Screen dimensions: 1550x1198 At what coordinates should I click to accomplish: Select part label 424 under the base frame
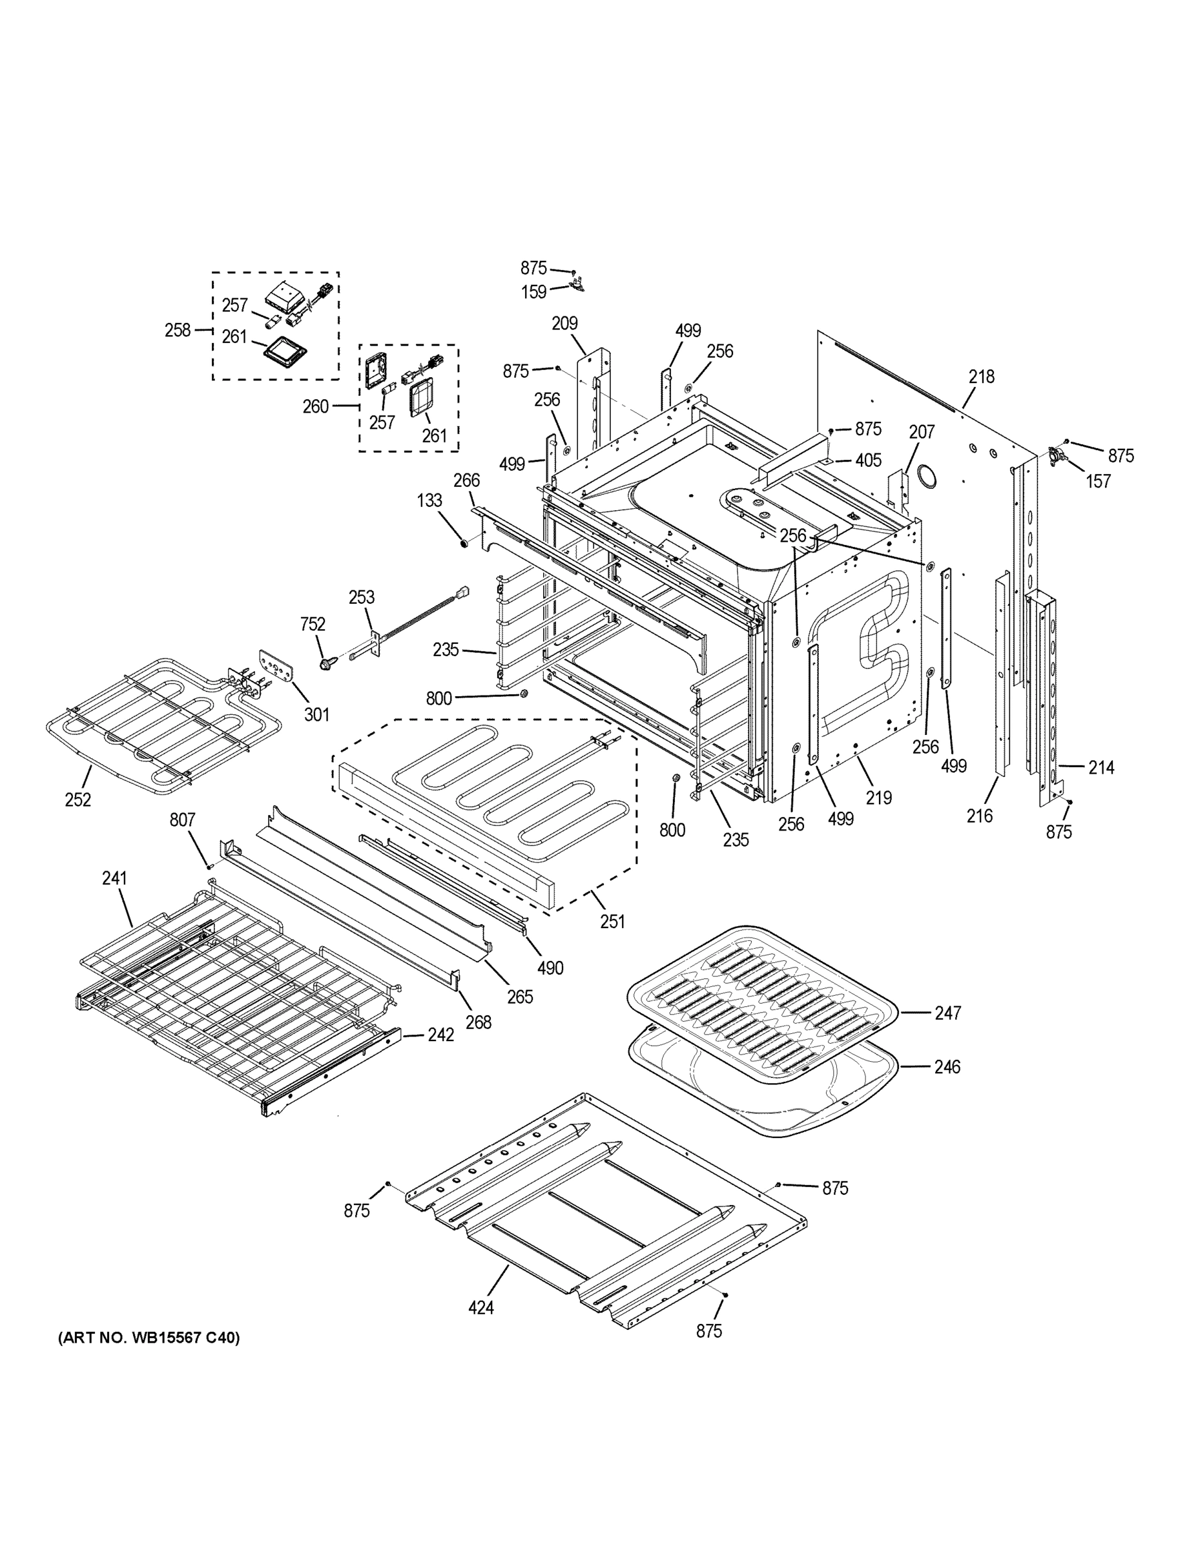pyautogui.click(x=480, y=1307)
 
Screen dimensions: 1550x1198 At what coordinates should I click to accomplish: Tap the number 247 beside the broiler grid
pyautogui.click(x=947, y=1013)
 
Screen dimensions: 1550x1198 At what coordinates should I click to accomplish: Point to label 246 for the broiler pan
pyautogui.click(x=947, y=1067)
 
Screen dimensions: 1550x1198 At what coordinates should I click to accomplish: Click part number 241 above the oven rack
pyautogui.click(x=114, y=878)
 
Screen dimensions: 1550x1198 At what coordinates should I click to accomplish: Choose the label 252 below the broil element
pyautogui.click(x=78, y=800)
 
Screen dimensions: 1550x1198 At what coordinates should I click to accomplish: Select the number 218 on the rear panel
pyautogui.click(x=982, y=377)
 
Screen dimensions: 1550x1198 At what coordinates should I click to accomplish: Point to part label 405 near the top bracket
pyautogui.click(x=868, y=460)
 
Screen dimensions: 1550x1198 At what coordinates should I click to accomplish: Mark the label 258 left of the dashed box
pyautogui.click(x=178, y=330)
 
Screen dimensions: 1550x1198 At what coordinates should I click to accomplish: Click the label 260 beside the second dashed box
pyautogui.click(x=316, y=406)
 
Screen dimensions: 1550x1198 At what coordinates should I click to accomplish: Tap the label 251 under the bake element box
pyautogui.click(x=612, y=921)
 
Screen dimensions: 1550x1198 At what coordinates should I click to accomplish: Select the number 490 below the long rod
pyautogui.click(x=550, y=967)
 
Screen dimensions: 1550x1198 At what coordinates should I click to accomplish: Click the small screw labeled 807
pyautogui.click(x=210, y=866)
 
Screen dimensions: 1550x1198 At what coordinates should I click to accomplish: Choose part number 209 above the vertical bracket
pyautogui.click(x=565, y=324)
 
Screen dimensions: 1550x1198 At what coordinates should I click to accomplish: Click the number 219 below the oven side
pyautogui.click(x=878, y=798)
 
